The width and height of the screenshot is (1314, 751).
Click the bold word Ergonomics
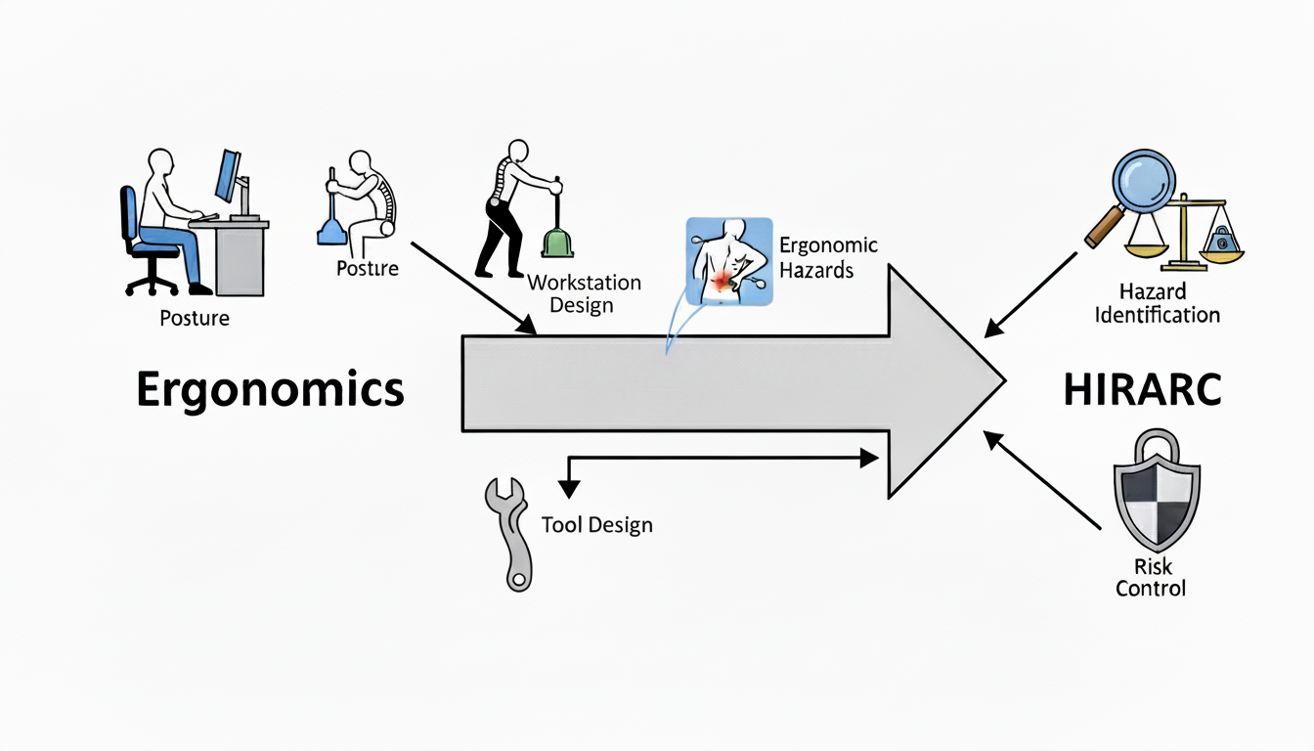pos(270,390)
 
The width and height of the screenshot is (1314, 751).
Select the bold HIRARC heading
pos(1142,390)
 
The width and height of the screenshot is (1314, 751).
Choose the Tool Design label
pos(596,525)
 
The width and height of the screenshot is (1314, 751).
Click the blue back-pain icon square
pos(728,261)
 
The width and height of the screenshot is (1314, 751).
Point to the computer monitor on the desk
pos(229,177)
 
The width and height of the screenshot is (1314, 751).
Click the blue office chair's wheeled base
pos(153,281)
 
